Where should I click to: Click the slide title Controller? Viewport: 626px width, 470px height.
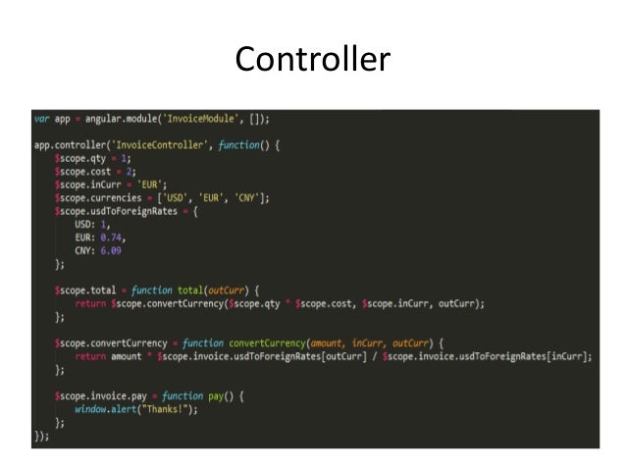coord(312,60)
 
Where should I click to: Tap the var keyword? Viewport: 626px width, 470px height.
coord(41,119)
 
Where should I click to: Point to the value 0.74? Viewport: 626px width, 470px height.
coord(114,237)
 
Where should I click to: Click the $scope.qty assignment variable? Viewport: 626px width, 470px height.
coord(78,158)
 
